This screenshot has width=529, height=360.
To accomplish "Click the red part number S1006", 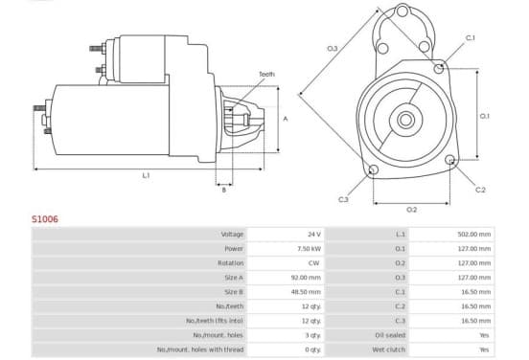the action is coord(45,219).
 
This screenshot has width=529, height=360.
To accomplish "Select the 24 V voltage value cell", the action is coord(313,235).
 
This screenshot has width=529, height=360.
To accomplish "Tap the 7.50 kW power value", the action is coord(309,249).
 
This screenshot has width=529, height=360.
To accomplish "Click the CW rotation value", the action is coord(313,263).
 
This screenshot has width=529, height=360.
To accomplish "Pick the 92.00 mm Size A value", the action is coord(306,278).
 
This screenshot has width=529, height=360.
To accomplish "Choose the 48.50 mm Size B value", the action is coord(306,292).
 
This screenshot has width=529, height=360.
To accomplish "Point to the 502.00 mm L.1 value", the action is coord(474,235).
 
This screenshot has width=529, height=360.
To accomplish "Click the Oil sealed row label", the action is coord(390,335).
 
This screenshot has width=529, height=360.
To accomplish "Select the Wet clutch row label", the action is coord(389,349).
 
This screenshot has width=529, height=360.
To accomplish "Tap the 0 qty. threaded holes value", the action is coord(312,349).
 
